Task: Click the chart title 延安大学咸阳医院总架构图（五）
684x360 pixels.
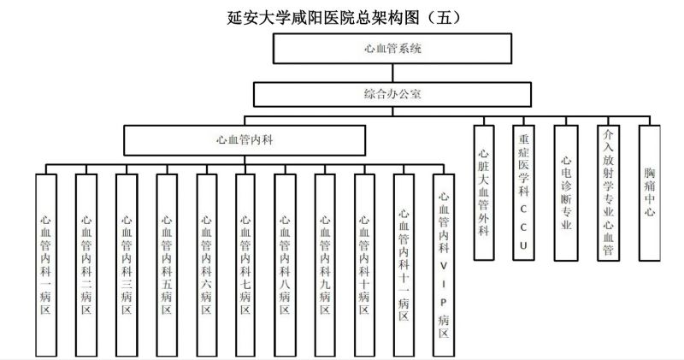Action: click(x=341, y=16)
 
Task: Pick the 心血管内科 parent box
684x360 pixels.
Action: click(x=245, y=137)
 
